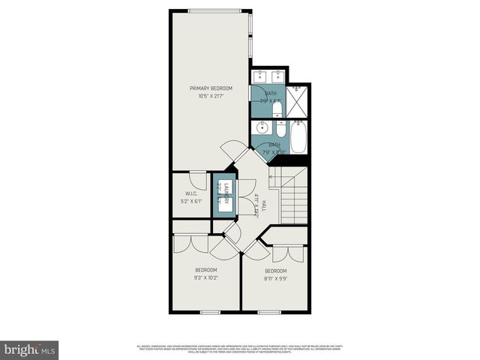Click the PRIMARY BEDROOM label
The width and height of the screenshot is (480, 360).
[x=211, y=88]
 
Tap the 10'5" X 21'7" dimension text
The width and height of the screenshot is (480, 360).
[x=211, y=96]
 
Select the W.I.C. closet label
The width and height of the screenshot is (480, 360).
[x=190, y=193]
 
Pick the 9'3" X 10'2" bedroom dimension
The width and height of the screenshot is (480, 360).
[x=205, y=277]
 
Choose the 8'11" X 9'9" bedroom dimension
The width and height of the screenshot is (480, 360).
[x=274, y=278]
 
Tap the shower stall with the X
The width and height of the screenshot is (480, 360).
[x=298, y=102]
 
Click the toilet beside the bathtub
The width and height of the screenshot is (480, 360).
[x=277, y=127]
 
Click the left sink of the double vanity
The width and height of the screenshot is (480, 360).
[x=259, y=75]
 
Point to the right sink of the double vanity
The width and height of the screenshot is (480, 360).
[x=278, y=75]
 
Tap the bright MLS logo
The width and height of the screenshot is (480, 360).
[x=30, y=349]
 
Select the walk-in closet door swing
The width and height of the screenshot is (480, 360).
[x=199, y=180]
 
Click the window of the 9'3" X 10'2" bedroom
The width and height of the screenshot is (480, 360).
[x=209, y=311]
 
